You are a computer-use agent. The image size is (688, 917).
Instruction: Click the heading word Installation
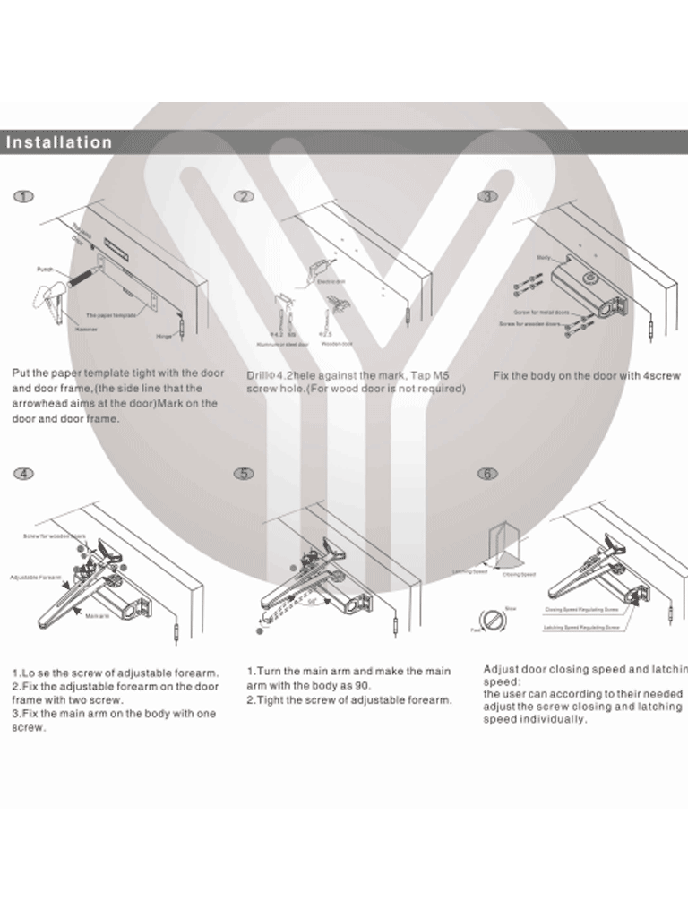coord(59,142)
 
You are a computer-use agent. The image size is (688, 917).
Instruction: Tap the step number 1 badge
coord(24,197)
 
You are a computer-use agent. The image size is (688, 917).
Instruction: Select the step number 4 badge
coord(24,474)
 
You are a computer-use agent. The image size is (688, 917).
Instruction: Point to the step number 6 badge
coord(487,474)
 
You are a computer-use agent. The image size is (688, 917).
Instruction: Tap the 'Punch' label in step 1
coord(45,269)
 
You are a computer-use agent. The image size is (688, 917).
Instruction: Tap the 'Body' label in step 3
coord(543,257)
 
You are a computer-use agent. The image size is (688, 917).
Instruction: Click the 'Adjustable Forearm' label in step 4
coord(35,578)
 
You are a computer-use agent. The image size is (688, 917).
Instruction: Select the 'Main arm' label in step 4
coord(98,617)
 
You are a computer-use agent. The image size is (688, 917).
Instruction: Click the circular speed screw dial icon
coord(491,619)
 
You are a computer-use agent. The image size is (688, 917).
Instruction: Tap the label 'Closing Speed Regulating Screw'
coord(581,610)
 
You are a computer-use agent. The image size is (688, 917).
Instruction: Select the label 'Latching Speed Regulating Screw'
coord(581,628)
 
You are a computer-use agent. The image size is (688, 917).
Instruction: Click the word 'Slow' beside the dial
coord(511,608)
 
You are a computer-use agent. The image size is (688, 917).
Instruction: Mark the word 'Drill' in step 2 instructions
coord(259,375)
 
